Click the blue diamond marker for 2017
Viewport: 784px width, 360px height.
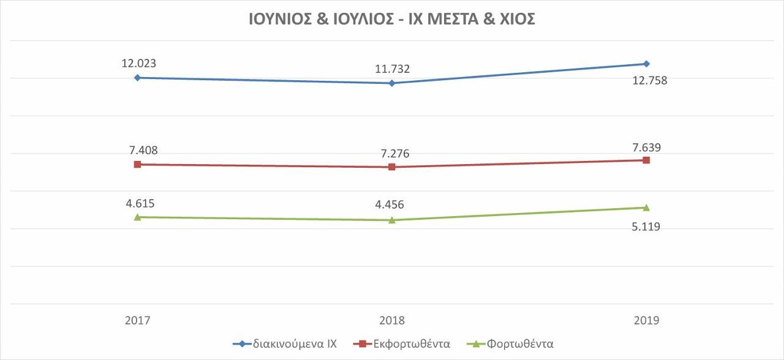(137, 78)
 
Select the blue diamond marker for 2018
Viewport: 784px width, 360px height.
(392, 83)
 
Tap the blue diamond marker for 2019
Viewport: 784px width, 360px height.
(647, 64)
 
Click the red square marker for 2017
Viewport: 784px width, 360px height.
(137, 164)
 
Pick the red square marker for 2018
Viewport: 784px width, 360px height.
(392, 167)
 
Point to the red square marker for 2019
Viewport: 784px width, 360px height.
(647, 160)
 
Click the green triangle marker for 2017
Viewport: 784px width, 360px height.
(137, 217)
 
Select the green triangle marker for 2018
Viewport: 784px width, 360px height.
(392, 220)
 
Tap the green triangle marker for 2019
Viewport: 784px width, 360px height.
(647, 208)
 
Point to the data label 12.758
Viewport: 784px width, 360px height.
(649, 80)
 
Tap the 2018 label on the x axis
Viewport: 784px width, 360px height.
(392, 320)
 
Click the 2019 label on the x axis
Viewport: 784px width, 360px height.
(647, 320)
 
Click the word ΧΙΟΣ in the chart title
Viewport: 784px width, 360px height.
(513, 20)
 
